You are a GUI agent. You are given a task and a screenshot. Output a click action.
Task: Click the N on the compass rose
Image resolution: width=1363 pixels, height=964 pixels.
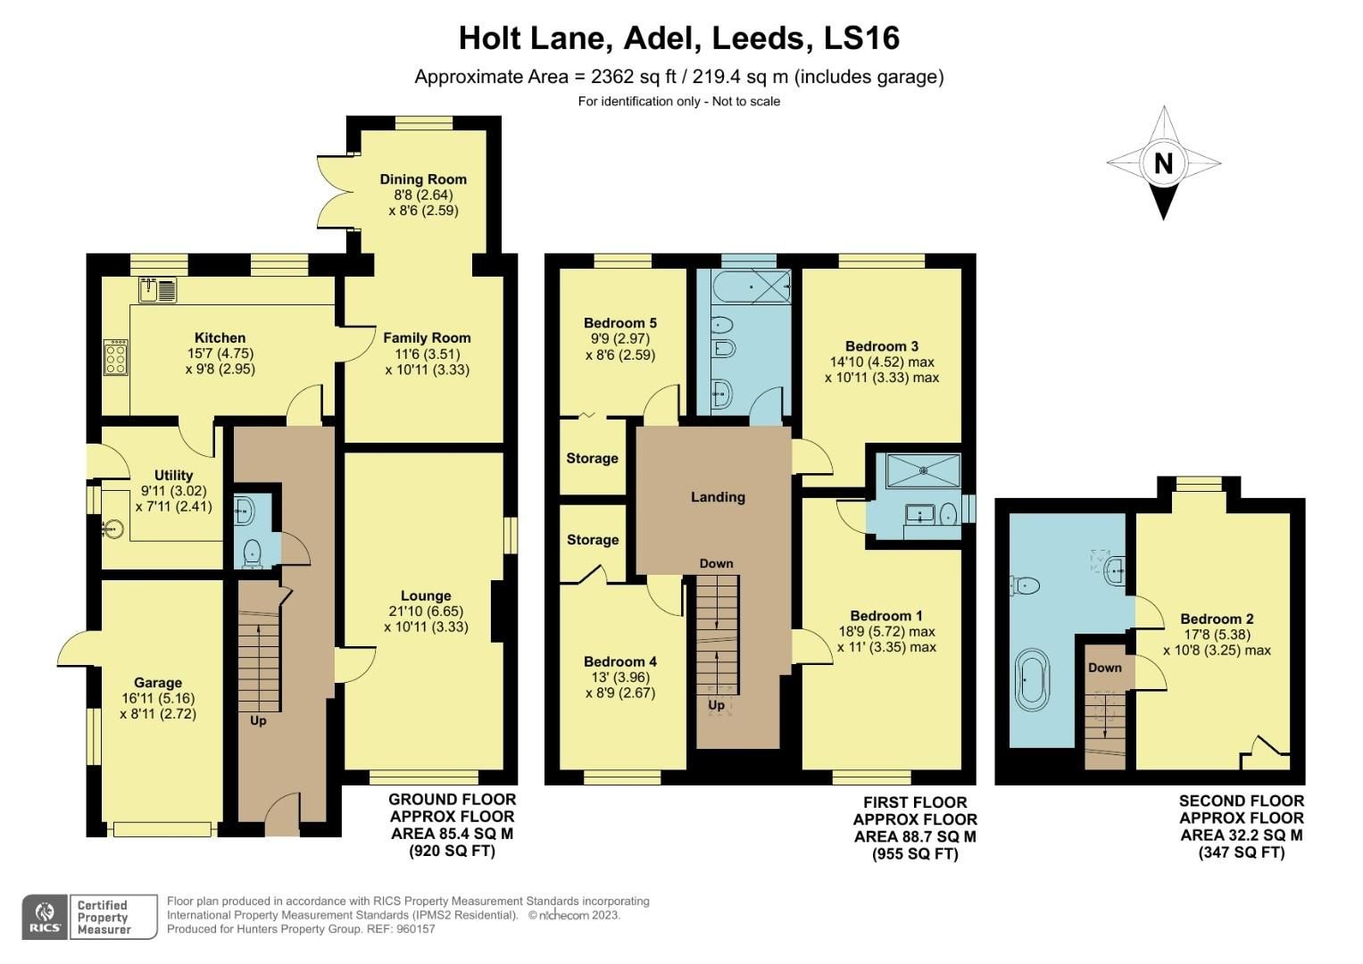pyautogui.click(x=1163, y=163)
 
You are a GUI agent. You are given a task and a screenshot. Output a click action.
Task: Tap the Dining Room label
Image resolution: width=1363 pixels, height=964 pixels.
pyautogui.click(x=423, y=179)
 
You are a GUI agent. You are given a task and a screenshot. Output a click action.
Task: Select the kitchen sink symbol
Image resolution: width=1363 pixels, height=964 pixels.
pyautogui.click(x=159, y=289)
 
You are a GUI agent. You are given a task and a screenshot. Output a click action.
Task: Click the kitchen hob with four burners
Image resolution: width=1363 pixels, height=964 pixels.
pyautogui.click(x=116, y=358)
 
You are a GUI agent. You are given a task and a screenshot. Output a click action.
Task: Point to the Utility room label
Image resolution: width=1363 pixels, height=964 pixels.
pyautogui.click(x=173, y=476)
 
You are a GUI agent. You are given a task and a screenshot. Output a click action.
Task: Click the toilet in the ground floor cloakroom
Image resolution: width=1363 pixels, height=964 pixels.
pyautogui.click(x=253, y=553)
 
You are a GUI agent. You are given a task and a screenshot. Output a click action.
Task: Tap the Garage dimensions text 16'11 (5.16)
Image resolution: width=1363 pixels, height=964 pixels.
pyautogui.click(x=158, y=698)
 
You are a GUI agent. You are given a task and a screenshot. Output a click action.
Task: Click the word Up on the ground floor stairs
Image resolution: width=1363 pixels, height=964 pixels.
pyautogui.click(x=258, y=720)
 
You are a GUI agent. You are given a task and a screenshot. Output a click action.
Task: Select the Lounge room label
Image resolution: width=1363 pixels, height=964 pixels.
pyautogui.click(x=426, y=596)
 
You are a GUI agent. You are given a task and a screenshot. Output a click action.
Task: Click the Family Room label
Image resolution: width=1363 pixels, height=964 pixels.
pyautogui.click(x=427, y=337)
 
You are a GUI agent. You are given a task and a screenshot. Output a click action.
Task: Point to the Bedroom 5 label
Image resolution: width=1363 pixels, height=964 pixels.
pyautogui.click(x=620, y=323)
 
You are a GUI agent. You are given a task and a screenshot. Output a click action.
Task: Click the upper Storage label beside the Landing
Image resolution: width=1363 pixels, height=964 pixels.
pyautogui.click(x=592, y=458)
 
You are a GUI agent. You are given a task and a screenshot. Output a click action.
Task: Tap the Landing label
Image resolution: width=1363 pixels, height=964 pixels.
pyautogui.click(x=718, y=497)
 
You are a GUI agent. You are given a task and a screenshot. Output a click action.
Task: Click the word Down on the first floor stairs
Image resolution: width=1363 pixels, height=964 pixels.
pyautogui.click(x=716, y=563)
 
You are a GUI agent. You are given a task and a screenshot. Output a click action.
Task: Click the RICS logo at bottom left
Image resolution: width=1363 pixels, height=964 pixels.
pyautogui.click(x=44, y=916)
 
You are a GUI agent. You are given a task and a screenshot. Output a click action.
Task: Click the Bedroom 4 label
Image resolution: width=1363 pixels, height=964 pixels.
pyautogui.click(x=620, y=661)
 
